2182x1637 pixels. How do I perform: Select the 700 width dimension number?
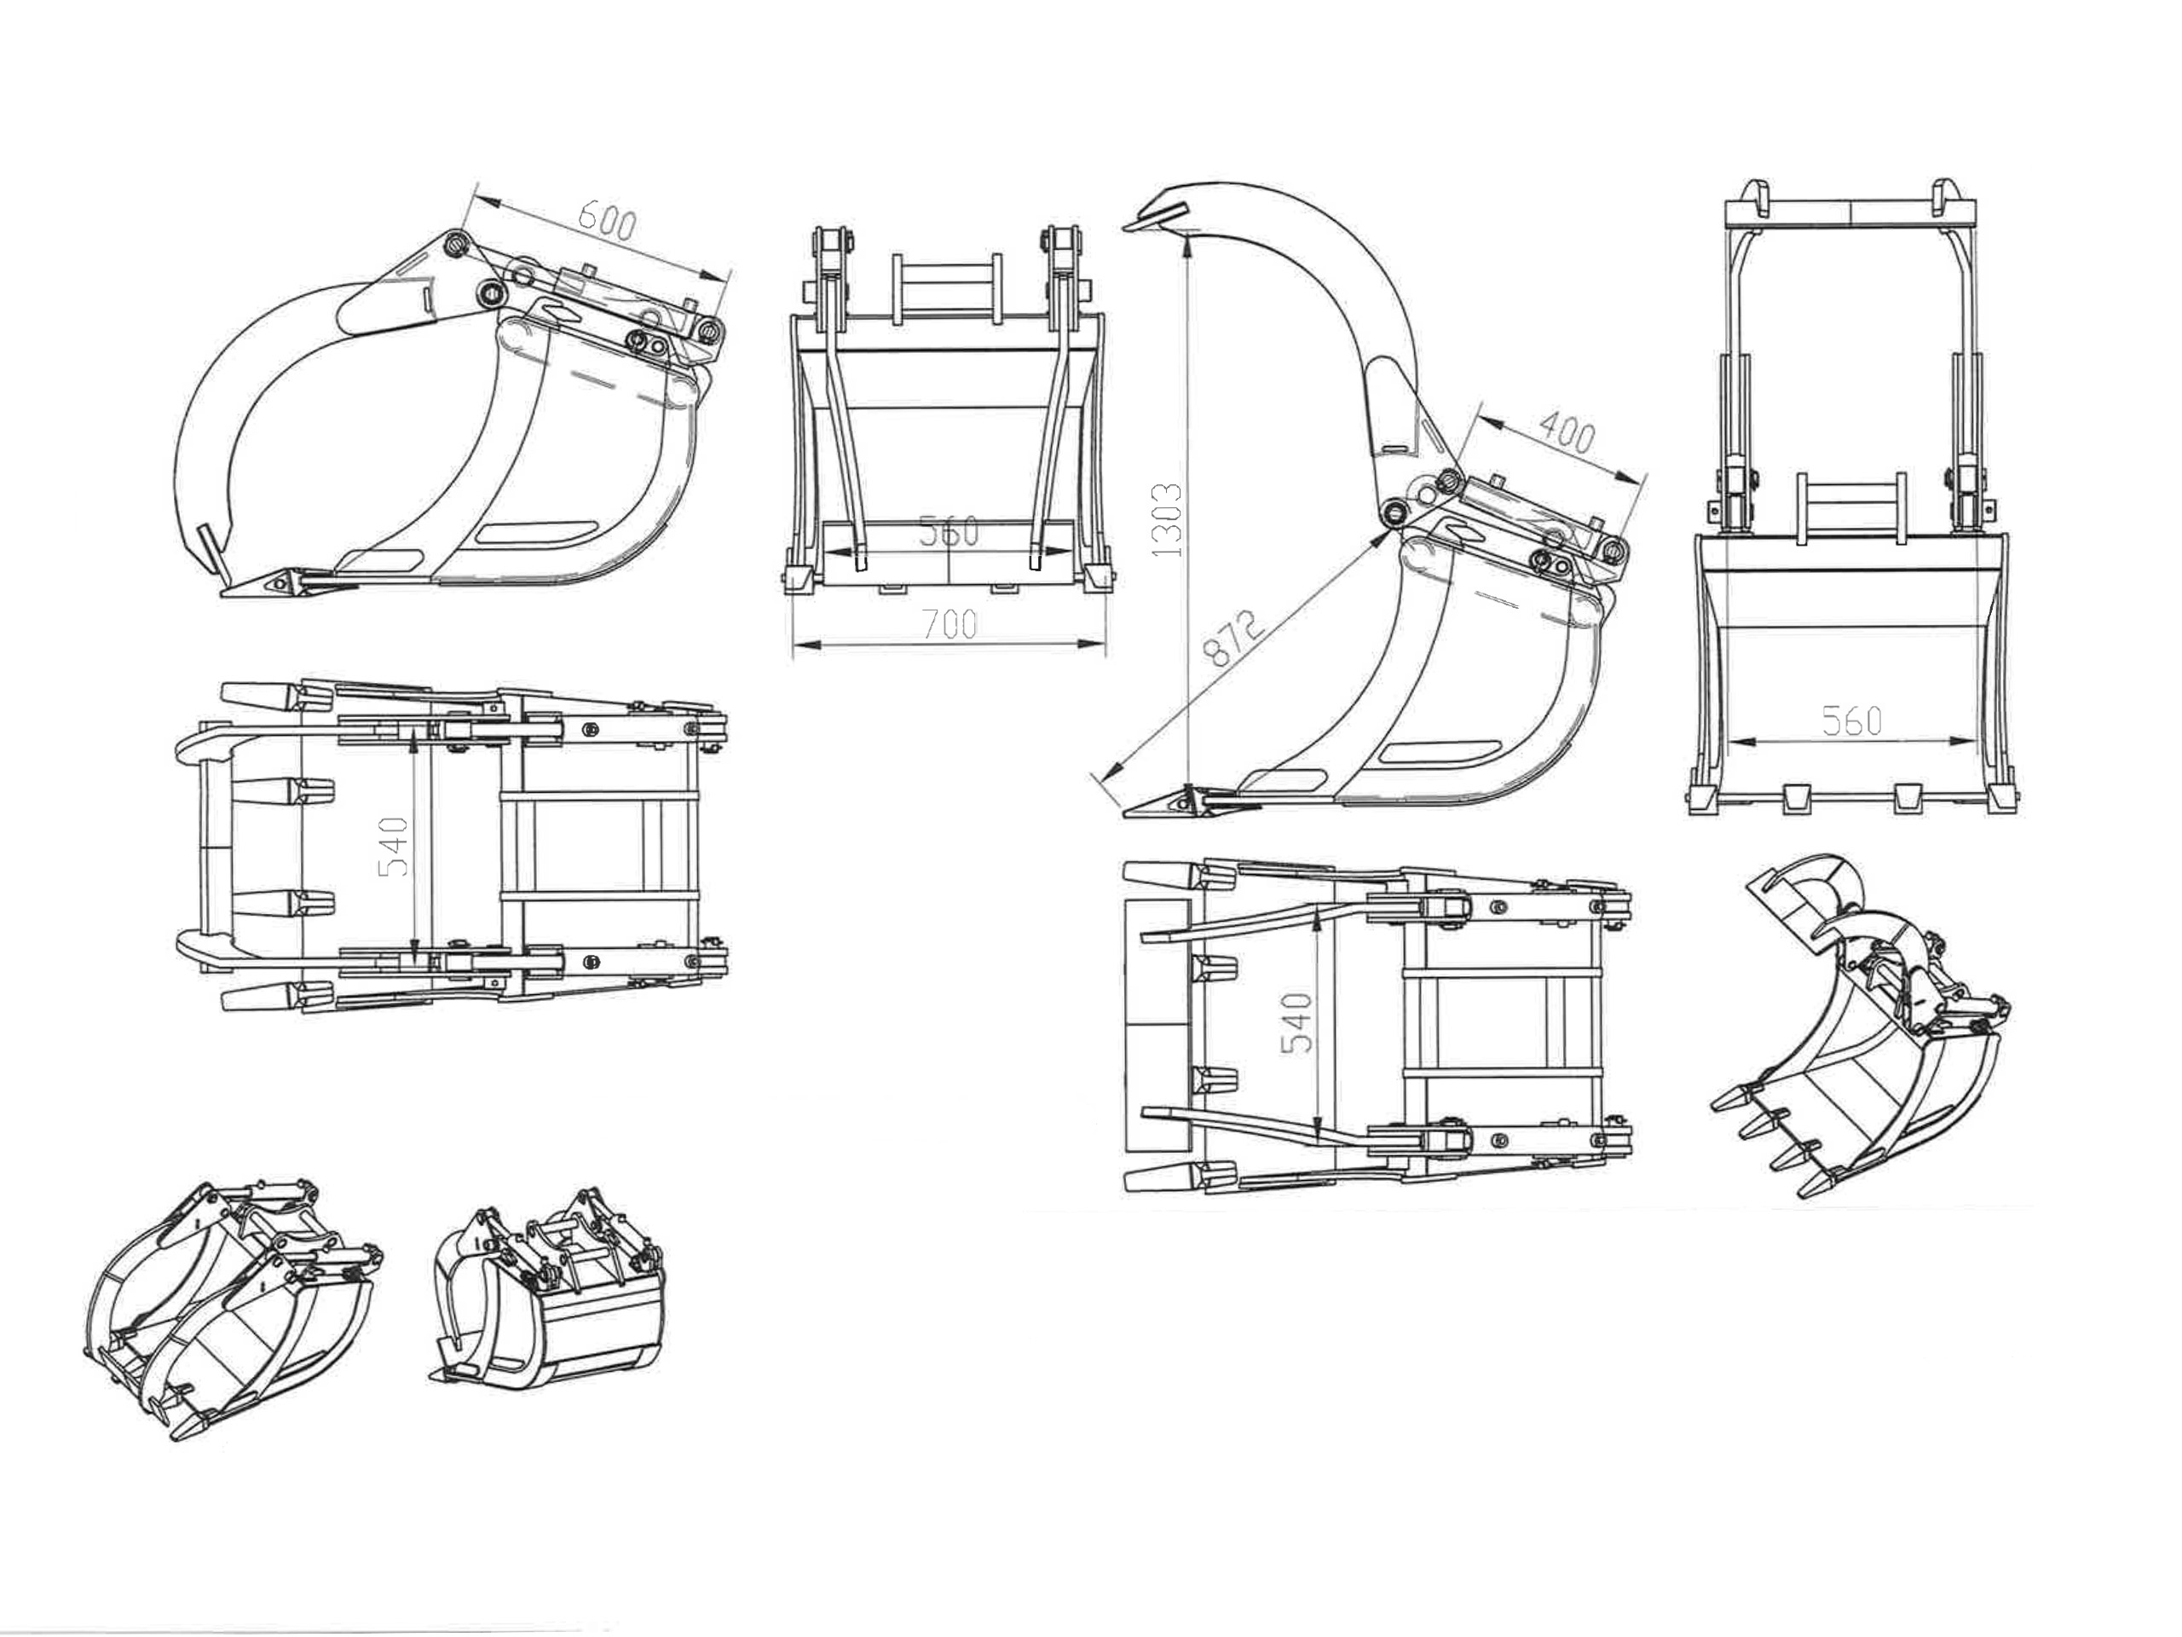[949, 623]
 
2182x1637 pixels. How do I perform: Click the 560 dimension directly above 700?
[949, 532]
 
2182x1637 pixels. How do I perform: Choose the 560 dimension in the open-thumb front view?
[1851, 721]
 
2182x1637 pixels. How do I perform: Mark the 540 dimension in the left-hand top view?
[394, 847]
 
